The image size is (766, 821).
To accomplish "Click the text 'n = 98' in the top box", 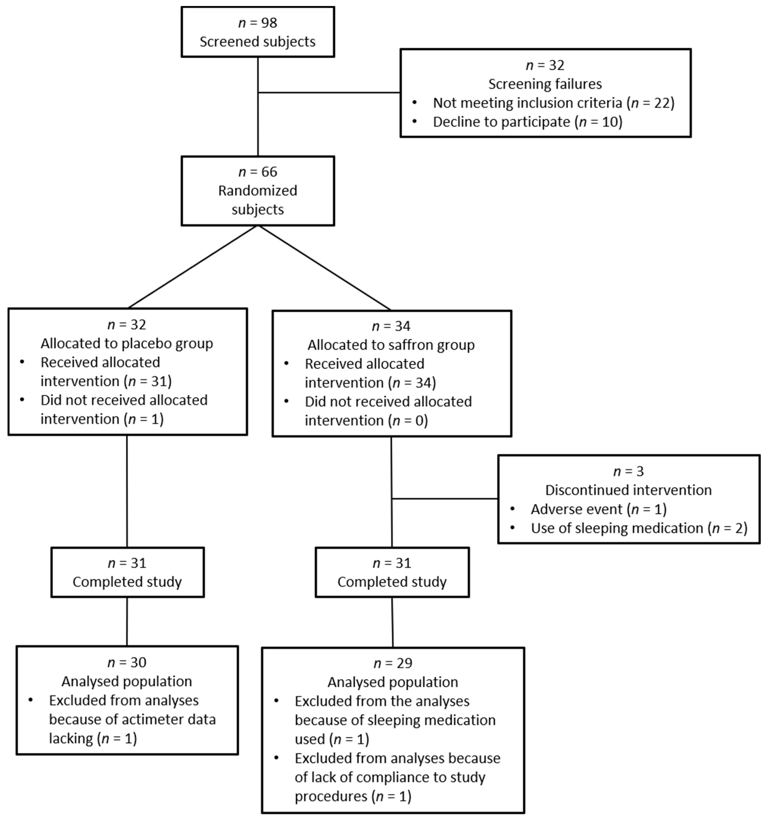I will coord(258,23).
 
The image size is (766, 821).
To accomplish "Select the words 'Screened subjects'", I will coord(258,42).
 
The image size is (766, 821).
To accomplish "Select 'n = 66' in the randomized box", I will coord(258,172).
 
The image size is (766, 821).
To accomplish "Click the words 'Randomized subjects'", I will coord(258,200).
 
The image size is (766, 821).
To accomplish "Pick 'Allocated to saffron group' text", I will coord(391,345).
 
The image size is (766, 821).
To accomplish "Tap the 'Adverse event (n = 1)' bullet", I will coord(598,509).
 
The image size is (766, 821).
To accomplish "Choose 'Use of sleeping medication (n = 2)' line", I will coord(639,528).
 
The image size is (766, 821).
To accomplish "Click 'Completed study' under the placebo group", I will coord(127,582).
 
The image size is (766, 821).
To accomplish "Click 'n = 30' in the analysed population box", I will coord(127,662).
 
